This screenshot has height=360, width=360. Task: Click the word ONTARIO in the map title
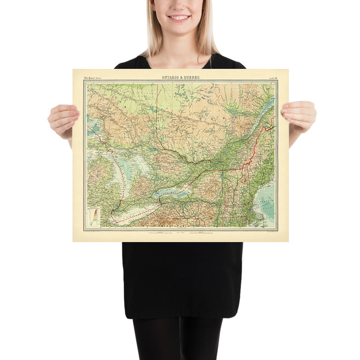pos(171,77)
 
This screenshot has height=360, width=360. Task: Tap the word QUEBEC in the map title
pos(193,77)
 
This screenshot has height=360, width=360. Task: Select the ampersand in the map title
pos(182,77)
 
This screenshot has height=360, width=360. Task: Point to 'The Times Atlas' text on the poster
pos(93,78)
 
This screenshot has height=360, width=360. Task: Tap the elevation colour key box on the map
pos(94,216)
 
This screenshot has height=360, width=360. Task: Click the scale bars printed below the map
pos(180,234)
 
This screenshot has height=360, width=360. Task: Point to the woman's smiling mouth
pos(179,18)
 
